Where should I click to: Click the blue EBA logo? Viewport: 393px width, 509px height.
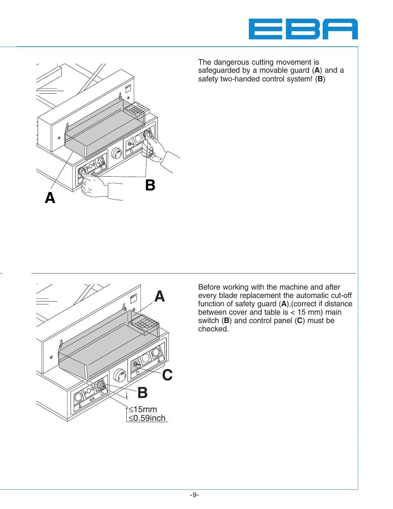[x=303, y=29]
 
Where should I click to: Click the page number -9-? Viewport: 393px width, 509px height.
[x=194, y=495]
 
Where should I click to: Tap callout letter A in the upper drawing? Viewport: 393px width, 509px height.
[x=50, y=198]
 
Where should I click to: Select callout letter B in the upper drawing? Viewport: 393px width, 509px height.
[x=150, y=185]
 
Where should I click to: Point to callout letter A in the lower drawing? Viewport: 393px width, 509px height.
[x=160, y=296]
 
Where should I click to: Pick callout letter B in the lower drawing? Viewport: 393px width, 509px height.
[x=142, y=393]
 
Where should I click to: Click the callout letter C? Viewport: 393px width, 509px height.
[x=167, y=375]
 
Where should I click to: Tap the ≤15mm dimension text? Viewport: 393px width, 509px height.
[x=143, y=409]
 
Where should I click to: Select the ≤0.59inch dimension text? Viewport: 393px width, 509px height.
[x=147, y=418]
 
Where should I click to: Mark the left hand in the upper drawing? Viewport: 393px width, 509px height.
[x=93, y=185]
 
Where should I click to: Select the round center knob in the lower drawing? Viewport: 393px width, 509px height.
[x=120, y=375]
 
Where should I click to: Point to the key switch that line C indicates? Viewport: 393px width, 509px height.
[x=136, y=364]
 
